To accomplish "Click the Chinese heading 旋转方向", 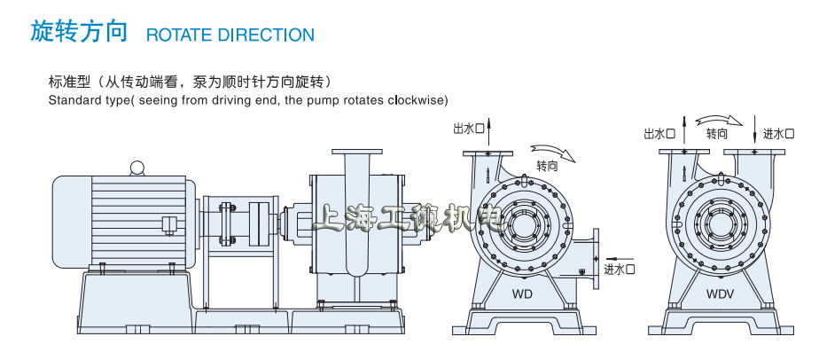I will click(x=80, y=33).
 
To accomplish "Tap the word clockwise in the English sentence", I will click(x=416, y=99).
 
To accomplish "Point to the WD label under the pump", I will click(x=522, y=292).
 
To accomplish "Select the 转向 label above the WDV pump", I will click(x=717, y=134).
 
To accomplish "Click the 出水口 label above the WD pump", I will click(x=469, y=129).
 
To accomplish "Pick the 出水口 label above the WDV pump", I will click(x=659, y=134).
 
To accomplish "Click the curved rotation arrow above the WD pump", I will click(x=553, y=151).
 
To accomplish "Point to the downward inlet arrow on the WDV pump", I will click(x=753, y=129).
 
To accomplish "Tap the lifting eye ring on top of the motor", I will click(x=136, y=167).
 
